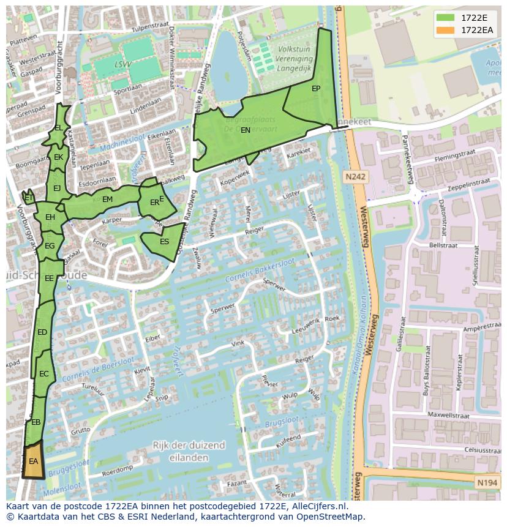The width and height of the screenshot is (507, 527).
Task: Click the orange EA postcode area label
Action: point(33,461)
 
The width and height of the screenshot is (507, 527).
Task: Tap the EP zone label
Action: point(316,89)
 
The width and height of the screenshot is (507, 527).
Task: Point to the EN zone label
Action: point(245,130)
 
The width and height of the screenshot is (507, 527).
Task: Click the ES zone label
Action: point(164,242)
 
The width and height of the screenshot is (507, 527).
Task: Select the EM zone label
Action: point(107,200)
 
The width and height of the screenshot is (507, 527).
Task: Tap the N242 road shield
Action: point(355,177)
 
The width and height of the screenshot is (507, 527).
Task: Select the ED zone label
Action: point(42,332)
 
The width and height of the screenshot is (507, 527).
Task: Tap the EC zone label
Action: point(43,374)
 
